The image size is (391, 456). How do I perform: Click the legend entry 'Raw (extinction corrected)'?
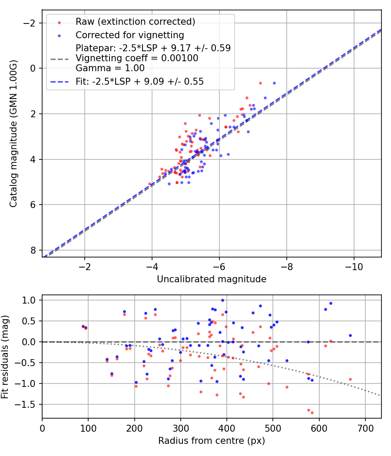click(x=135, y=22)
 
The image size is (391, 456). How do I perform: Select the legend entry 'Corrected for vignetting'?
click(x=129, y=35)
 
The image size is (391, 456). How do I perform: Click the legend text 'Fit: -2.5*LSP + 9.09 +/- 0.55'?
click(x=139, y=81)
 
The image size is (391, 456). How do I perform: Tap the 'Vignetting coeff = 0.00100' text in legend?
click(x=137, y=58)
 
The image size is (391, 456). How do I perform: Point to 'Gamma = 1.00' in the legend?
click(x=110, y=68)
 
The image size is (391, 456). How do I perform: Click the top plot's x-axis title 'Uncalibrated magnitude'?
click(x=212, y=279)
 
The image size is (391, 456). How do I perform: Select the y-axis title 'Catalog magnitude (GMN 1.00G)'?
click(x=13, y=140)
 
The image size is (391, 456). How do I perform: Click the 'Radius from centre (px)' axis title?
click(x=212, y=441)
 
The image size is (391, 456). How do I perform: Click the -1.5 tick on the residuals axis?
click(x=28, y=404)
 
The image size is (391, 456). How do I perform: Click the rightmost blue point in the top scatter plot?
click(x=274, y=83)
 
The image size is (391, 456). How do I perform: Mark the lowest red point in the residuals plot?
click(x=312, y=413)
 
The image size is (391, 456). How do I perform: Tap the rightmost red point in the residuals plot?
click(x=350, y=379)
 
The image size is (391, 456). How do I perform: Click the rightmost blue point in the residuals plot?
click(x=350, y=335)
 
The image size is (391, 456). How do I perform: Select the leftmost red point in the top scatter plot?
click(x=150, y=184)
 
